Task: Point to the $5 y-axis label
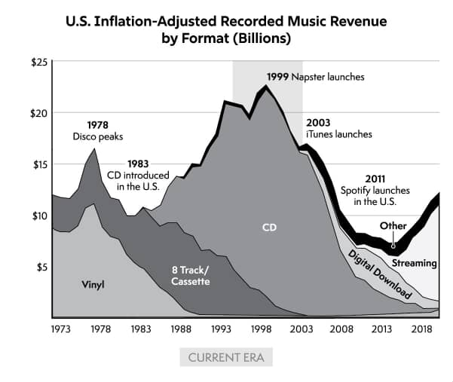coord(42,267)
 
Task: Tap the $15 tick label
coord(40,164)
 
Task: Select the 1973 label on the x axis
coord(61,329)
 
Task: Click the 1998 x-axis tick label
coord(261,329)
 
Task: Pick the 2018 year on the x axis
coord(421,329)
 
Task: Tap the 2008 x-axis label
coord(341,329)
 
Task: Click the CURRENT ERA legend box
coord(226,356)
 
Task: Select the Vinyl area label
coord(93,284)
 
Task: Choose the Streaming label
coord(414,263)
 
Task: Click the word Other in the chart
coord(393,225)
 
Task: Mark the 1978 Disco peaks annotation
coord(98,130)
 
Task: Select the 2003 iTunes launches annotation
coord(338,128)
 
